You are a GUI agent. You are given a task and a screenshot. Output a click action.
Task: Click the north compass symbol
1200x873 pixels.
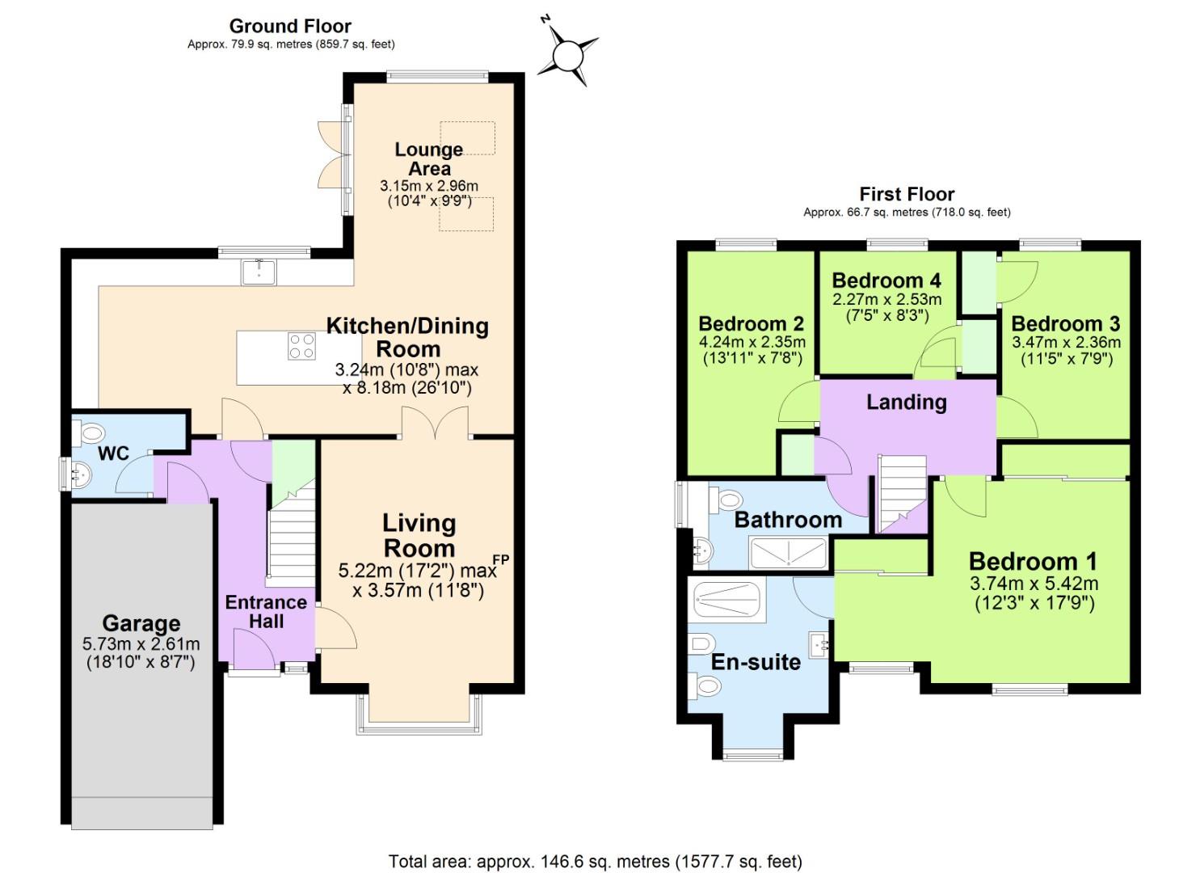(569, 53)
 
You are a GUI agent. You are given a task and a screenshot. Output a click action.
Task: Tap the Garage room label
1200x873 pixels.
(141, 623)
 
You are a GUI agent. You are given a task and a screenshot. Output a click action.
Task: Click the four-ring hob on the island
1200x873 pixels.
(302, 346)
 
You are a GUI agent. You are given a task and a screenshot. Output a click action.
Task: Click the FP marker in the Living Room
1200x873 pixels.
(501, 559)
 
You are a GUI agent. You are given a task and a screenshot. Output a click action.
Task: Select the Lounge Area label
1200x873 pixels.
(429, 158)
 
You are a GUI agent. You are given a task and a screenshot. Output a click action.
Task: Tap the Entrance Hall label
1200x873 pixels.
(266, 612)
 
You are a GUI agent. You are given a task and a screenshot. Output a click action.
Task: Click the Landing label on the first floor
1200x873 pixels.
(906, 402)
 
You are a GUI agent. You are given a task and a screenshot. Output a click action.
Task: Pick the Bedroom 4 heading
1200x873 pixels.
(886, 280)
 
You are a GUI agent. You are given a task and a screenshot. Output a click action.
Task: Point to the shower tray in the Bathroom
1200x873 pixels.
(787, 554)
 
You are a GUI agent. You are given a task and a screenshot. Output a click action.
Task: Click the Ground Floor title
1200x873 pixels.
(290, 26)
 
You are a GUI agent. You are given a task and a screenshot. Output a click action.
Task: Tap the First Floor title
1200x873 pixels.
(907, 194)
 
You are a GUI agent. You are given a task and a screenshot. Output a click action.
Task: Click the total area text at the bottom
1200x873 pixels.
(596, 861)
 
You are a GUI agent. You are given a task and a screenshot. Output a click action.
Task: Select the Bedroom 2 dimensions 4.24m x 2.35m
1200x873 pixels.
(752, 342)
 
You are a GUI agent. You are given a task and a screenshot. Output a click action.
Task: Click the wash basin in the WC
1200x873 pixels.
(82, 474)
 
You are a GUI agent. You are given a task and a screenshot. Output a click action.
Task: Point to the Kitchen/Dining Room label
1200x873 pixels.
(407, 337)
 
